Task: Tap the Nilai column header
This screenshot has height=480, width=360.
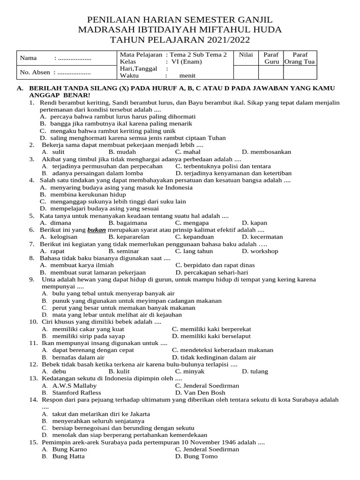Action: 246,55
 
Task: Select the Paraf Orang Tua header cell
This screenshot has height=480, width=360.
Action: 300,58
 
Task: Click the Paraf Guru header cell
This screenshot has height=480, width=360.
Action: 271,58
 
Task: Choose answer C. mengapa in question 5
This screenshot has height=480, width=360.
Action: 193,223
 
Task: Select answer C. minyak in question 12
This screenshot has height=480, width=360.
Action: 190,371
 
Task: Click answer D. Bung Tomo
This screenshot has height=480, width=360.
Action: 196,456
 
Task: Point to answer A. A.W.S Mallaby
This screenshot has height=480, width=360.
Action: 69,385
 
